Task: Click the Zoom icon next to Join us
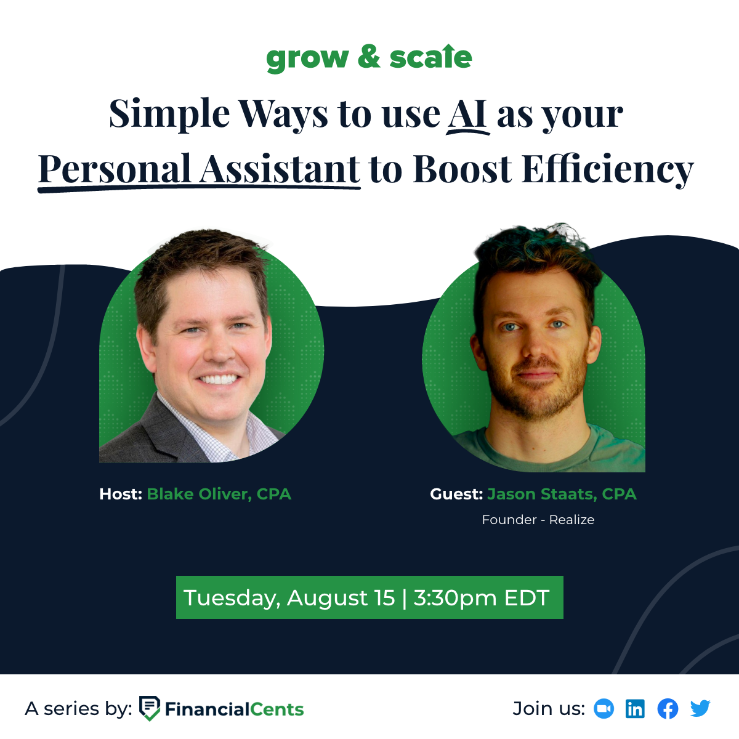(604, 709)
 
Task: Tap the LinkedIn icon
(635, 709)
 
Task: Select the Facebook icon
(668, 709)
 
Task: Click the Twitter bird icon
(700, 709)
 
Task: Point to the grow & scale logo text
(369, 59)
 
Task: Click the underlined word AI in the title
(467, 115)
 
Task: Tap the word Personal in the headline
(115, 169)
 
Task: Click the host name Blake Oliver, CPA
(219, 495)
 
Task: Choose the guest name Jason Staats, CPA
(562, 495)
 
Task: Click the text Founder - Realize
(538, 520)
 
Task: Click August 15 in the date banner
(341, 598)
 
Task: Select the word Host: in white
(121, 495)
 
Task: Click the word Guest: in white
(456, 495)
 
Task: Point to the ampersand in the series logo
(369, 57)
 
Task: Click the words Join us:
(549, 709)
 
